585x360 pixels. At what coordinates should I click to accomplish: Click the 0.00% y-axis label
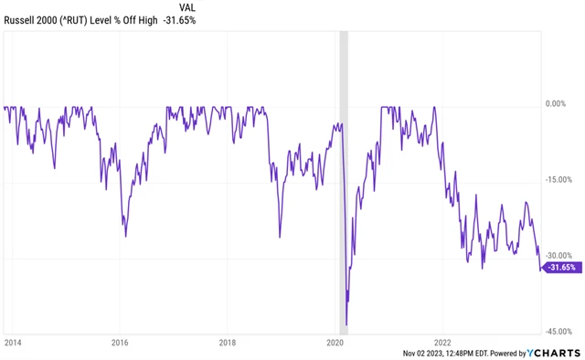pyautogui.click(x=558, y=104)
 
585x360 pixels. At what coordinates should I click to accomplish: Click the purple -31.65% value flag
pyautogui.click(x=560, y=268)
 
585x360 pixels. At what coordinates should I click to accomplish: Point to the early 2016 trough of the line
pyautogui.click(x=125, y=236)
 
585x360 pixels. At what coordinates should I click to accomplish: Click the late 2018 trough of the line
pyautogui.click(x=280, y=234)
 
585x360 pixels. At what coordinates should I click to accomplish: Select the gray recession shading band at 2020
pyautogui.click(x=344, y=183)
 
